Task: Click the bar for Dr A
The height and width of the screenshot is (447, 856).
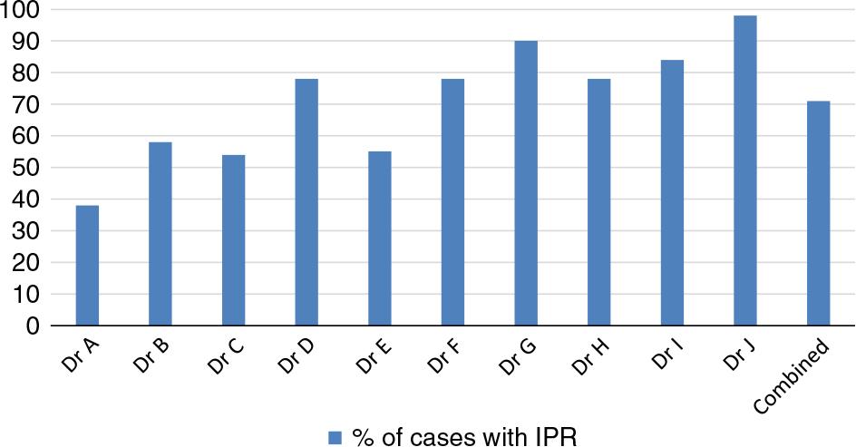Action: pos(87,266)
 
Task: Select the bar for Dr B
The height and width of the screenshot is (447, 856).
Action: pos(160,234)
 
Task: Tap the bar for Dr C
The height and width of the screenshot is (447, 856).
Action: pos(233,240)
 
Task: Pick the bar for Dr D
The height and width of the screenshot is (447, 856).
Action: pos(306,202)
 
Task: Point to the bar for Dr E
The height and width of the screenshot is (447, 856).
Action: pos(380,238)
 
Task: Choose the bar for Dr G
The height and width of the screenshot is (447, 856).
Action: pos(526,183)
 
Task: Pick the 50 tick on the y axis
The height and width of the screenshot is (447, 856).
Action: pos(26,168)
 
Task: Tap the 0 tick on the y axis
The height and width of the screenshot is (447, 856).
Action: pos(32,326)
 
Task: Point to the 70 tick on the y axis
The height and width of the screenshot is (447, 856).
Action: pos(26,104)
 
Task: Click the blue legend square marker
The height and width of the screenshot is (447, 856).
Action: pos(335,437)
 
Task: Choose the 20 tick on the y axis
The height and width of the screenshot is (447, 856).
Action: pos(26,263)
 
